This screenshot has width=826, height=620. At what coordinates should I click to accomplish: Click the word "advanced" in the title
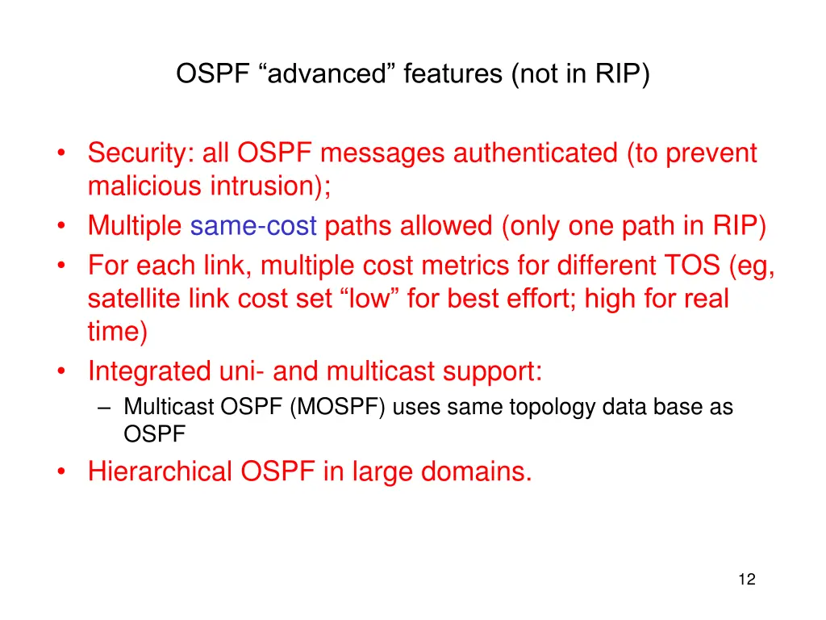[328, 74]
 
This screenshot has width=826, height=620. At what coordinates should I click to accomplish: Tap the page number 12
[746, 579]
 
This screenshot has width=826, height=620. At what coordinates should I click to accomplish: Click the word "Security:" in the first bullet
[138, 153]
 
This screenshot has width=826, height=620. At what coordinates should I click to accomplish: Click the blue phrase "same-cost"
[253, 226]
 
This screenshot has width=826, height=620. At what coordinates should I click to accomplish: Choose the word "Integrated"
[150, 371]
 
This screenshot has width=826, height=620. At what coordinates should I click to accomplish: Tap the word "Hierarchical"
[161, 471]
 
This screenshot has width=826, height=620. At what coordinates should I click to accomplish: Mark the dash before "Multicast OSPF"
[104, 408]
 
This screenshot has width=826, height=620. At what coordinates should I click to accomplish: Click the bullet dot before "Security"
[63, 153]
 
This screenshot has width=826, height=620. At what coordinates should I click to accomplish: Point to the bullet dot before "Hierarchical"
[63, 471]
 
